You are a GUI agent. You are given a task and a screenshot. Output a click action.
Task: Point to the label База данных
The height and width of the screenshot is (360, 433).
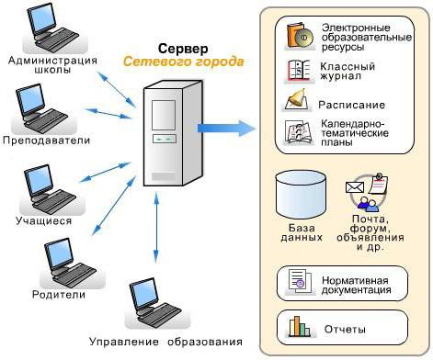click(x=300, y=231)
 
